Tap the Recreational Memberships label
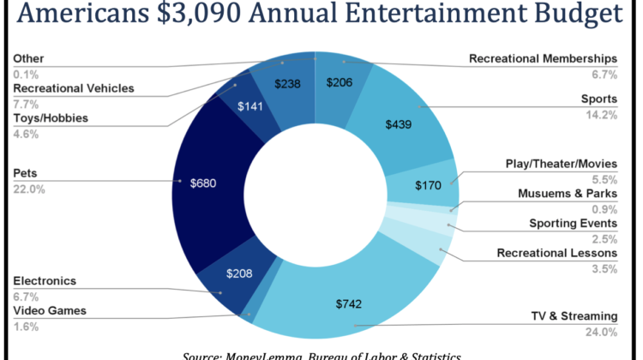tap(543, 58)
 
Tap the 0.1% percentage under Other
tap(25, 74)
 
